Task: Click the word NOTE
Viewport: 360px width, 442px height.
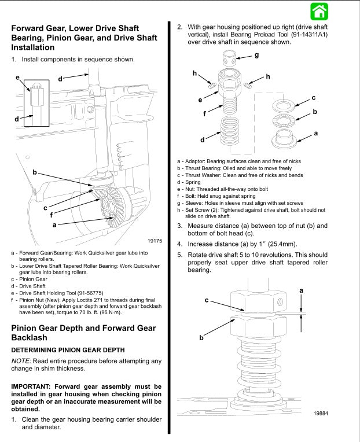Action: click(22, 361)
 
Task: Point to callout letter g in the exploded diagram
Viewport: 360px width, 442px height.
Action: click(256, 56)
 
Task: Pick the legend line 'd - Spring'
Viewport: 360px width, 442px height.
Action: click(189, 182)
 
